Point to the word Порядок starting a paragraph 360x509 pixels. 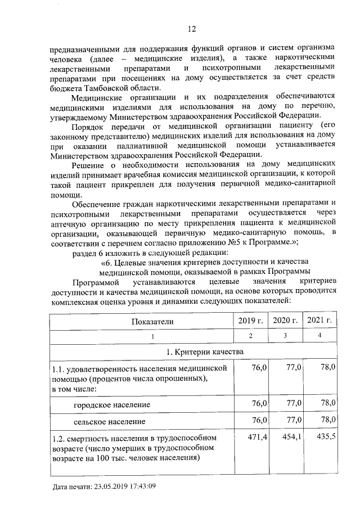(92, 126)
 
